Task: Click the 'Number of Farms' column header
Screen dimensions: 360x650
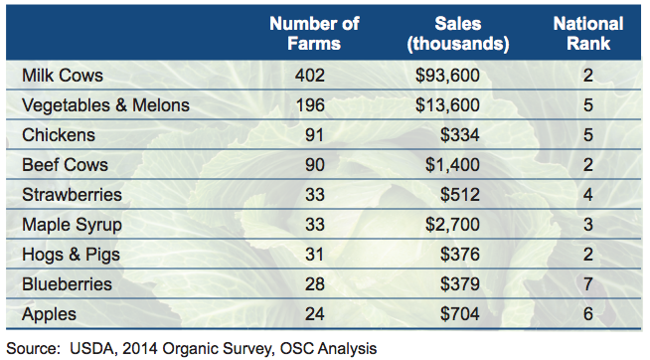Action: [x=313, y=33]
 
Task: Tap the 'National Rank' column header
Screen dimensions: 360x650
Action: [x=588, y=33]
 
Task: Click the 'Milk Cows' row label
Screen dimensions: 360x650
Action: [x=62, y=76]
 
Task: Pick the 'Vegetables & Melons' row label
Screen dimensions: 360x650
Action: [x=105, y=105]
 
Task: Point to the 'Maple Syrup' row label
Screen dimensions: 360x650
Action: [x=73, y=225]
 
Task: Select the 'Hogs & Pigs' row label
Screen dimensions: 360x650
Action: [x=71, y=255]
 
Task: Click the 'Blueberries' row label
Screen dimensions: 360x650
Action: [x=67, y=284]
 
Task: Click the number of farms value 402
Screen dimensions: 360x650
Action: [x=313, y=76]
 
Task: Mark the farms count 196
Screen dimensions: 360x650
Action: [x=313, y=105]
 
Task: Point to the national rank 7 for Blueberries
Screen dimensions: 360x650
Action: [x=589, y=284]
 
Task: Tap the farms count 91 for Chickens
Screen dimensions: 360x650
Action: [x=313, y=135]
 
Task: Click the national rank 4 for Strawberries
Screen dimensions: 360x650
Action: [x=589, y=195]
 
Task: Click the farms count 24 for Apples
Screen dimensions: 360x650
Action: [x=313, y=314]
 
